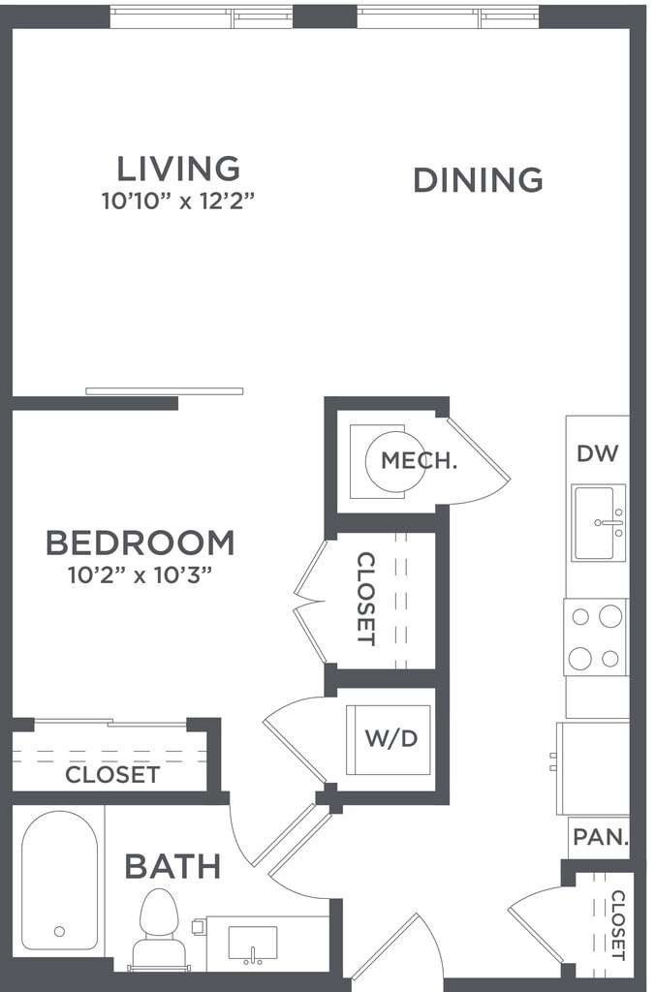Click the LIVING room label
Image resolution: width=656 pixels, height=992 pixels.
pyautogui.click(x=178, y=169)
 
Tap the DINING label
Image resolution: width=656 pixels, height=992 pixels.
pyautogui.click(x=478, y=180)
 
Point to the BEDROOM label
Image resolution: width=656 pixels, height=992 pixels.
pyautogui.click(x=141, y=542)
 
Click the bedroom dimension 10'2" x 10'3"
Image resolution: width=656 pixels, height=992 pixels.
pyautogui.click(x=141, y=574)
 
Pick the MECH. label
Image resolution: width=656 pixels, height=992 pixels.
pyautogui.click(x=418, y=461)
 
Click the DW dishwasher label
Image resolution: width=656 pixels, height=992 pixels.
pyautogui.click(x=597, y=453)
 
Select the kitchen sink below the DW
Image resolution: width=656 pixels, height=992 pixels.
pyautogui.click(x=598, y=523)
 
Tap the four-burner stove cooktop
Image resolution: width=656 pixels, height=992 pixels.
pyautogui.click(x=596, y=636)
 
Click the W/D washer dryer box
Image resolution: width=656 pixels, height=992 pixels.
pyautogui.click(x=390, y=739)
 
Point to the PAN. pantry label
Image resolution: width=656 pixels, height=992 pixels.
pyautogui.click(x=599, y=838)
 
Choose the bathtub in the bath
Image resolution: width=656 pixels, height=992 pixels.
pyautogui.click(x=59, y=880)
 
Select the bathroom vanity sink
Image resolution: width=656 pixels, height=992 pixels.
pyautogui.click(x=252, y=942)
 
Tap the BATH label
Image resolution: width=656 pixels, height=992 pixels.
pyautogui.click(x=172, y=866)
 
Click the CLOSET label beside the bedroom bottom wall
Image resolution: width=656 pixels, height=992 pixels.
pyautogui.click(x=112, y=775)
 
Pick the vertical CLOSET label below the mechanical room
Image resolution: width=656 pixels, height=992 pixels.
pyautogui.click(x=366, y=599)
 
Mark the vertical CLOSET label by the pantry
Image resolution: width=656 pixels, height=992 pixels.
pyautogui.click(x=617, y=925)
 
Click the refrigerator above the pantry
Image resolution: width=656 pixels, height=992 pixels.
pyautogui.click(x=592, y=767)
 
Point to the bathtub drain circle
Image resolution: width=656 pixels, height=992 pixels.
pyautogui.click(x=59, y=931)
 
